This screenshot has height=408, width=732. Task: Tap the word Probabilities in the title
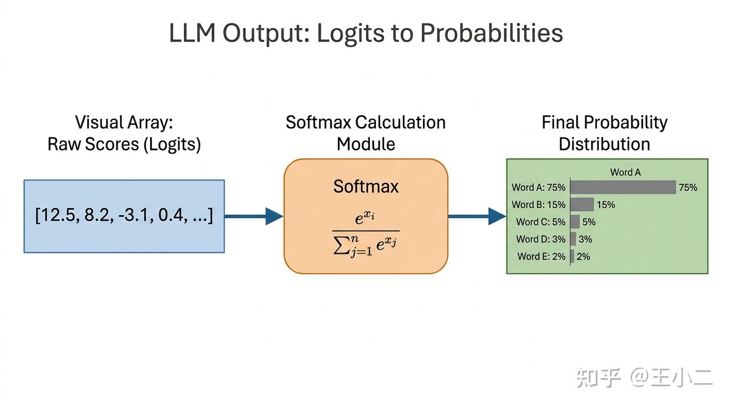491,33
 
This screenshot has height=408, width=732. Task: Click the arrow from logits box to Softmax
253,216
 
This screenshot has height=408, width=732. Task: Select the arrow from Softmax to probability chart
477,216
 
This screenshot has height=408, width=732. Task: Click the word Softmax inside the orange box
366,186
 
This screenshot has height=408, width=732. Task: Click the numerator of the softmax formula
365,217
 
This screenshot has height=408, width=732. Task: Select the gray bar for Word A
623,187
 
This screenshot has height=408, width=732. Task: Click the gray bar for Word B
582,205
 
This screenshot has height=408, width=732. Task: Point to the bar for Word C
575,222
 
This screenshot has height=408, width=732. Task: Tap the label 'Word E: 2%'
541,256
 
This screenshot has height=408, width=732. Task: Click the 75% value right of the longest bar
688,187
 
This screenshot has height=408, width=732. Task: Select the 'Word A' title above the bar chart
625,172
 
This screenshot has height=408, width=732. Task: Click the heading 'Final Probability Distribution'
604,133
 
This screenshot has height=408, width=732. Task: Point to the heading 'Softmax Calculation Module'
366,133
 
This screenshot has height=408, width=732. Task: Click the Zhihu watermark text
644,378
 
